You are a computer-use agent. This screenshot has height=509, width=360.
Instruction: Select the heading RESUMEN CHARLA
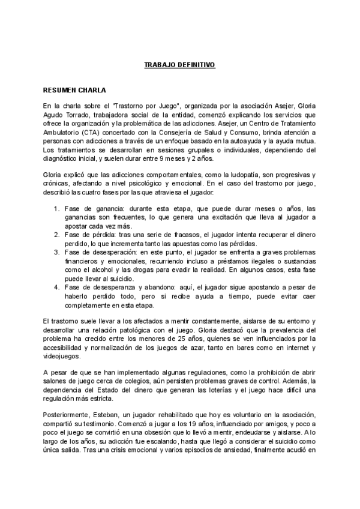click(x=75, y=91)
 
